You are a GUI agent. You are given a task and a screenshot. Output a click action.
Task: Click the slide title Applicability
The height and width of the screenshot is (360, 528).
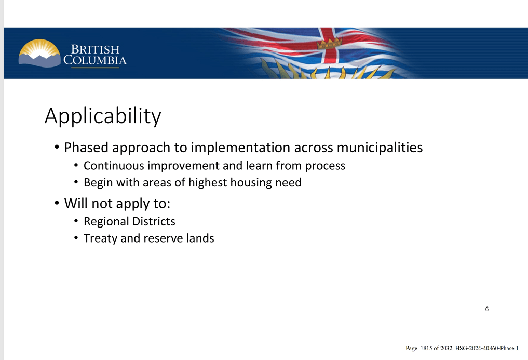click(x=103, y=116)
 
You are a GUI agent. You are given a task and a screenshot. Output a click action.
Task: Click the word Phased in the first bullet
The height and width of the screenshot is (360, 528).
click(x=86, y=148)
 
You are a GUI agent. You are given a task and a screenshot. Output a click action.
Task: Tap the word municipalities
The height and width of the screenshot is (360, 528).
click(x=380, y=148)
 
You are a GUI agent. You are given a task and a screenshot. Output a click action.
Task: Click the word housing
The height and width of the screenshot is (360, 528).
click(x=247, y=183)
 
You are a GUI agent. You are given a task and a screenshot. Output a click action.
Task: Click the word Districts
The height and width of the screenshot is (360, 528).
click(x=154, y=221)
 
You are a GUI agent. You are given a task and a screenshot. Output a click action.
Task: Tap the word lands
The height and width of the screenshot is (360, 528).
click(x=201, y=238)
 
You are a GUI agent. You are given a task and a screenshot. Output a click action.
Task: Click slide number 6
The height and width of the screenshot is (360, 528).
click(x=487, y=309)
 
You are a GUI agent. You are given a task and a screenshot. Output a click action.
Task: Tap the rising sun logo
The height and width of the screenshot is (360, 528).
click(x=39, y=54)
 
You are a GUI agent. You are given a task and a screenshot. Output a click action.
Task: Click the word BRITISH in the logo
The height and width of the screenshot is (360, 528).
click(x=95, y=49)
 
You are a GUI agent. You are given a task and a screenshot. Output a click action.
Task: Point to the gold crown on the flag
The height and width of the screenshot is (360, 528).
click(x=330, y=44)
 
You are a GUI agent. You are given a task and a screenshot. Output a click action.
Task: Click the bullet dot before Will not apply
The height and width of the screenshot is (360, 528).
click(x=57, y=203)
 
